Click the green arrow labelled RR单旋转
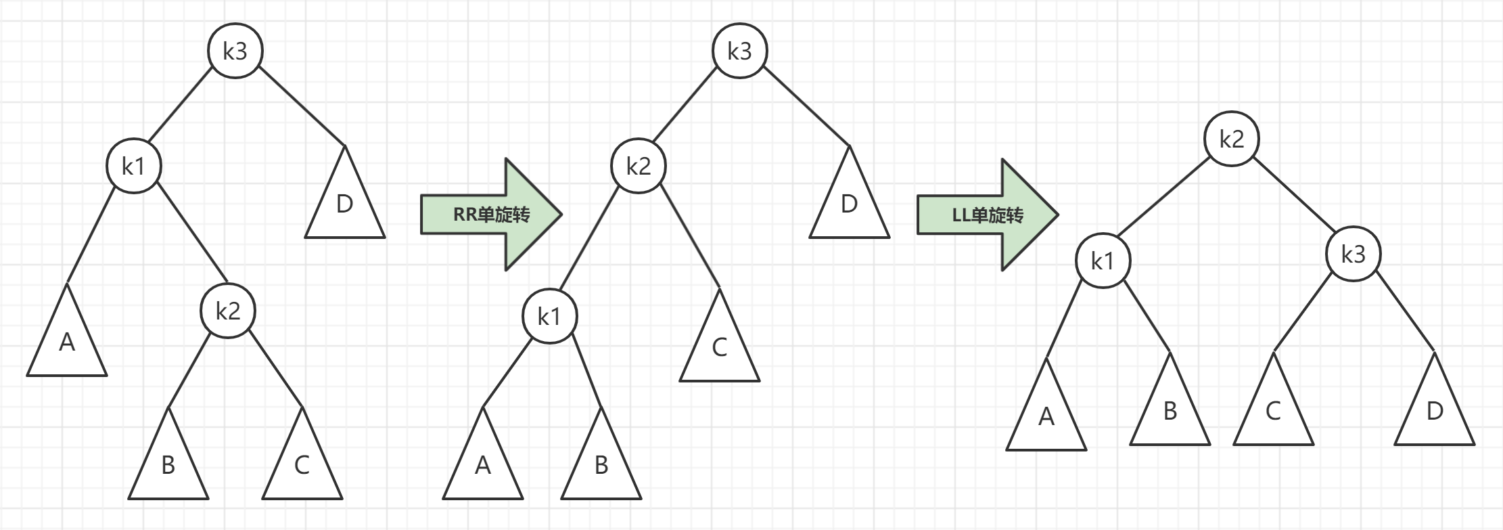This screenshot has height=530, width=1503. click(491, 215)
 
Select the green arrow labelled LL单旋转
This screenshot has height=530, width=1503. click(988, 215)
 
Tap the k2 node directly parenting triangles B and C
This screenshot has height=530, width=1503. click(228, 311)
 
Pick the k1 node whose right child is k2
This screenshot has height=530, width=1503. click(134, 166)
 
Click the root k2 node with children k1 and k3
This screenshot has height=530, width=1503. click(1231, 139)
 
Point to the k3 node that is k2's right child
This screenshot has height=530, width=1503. click(1353, 255)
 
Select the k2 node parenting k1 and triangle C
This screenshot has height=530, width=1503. click(638, 166)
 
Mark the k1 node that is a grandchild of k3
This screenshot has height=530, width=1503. click(549, 316)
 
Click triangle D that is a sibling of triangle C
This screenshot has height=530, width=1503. click(1434, 413)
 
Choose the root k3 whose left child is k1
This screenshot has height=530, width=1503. click(235, 51)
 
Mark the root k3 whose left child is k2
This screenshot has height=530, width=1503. click(739, 51)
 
